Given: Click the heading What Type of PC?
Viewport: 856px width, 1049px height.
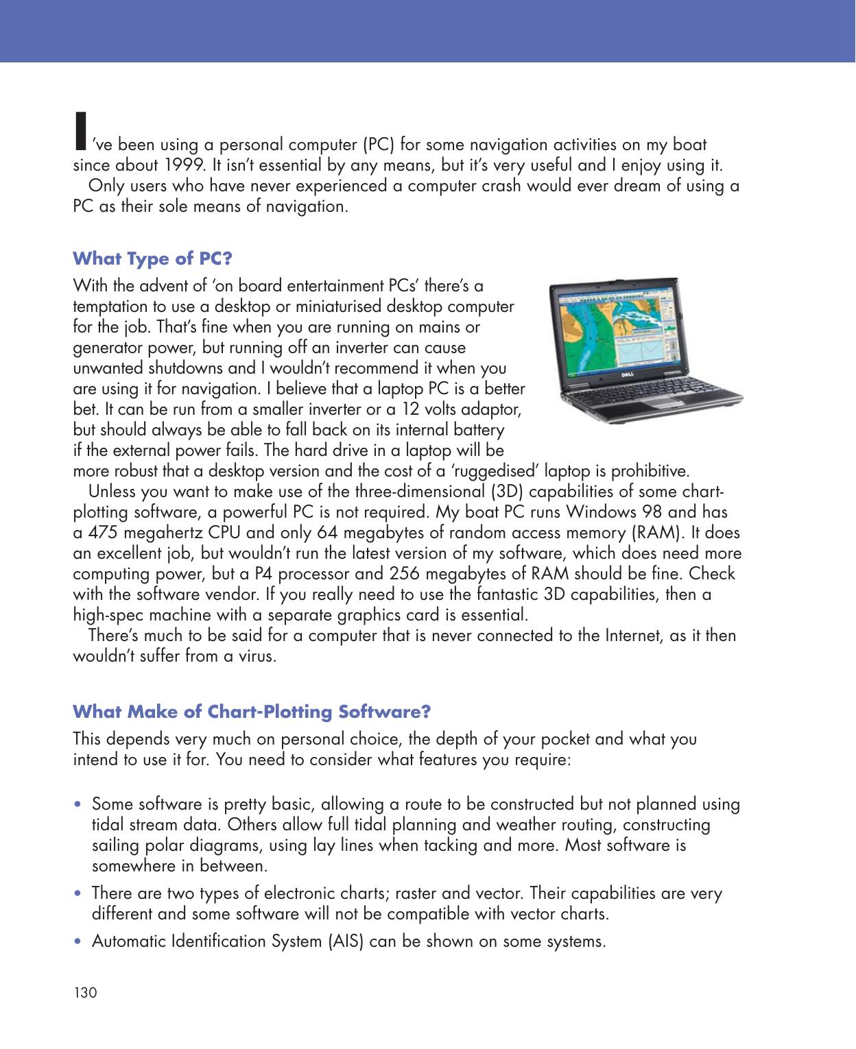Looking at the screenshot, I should [x=152, y=259].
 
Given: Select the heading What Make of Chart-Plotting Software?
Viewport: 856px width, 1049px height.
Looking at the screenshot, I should [x=252, y=712].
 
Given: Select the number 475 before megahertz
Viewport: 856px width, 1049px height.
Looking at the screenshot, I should [x=99, y=533].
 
